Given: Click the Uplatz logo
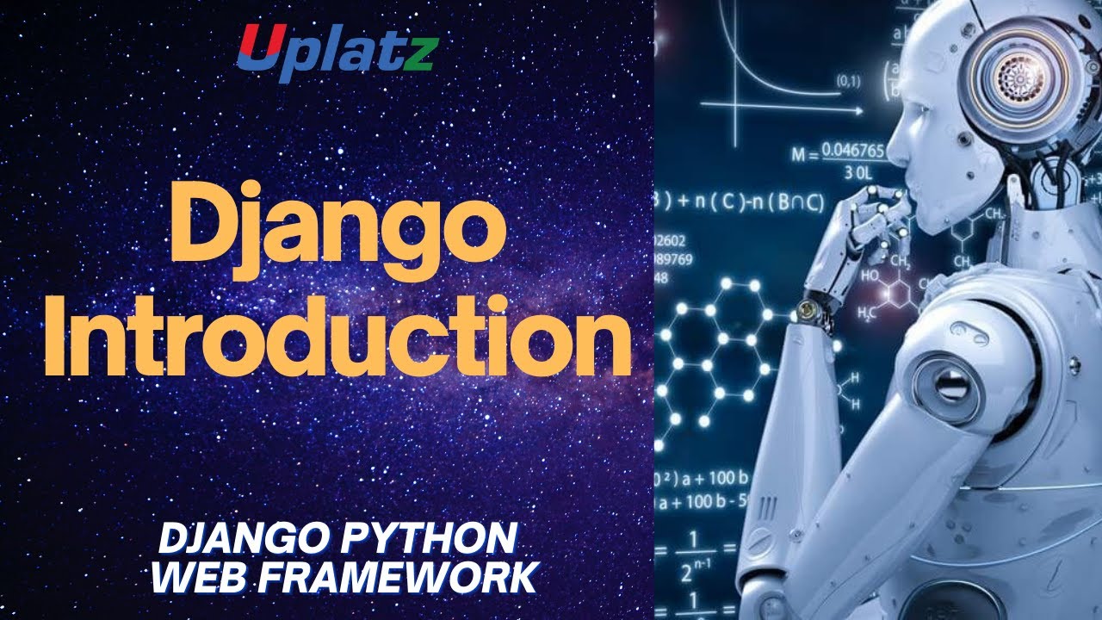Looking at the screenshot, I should (337, 49).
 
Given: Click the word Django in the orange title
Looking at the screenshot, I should (337, 228).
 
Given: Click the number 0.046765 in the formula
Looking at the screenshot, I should (852, 152).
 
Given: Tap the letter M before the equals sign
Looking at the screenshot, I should (798, 156).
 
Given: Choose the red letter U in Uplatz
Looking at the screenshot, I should (256, 47).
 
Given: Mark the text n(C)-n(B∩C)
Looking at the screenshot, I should (750, 203).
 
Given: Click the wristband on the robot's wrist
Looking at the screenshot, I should (813, 306).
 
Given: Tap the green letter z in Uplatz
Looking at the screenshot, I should (422, 53).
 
